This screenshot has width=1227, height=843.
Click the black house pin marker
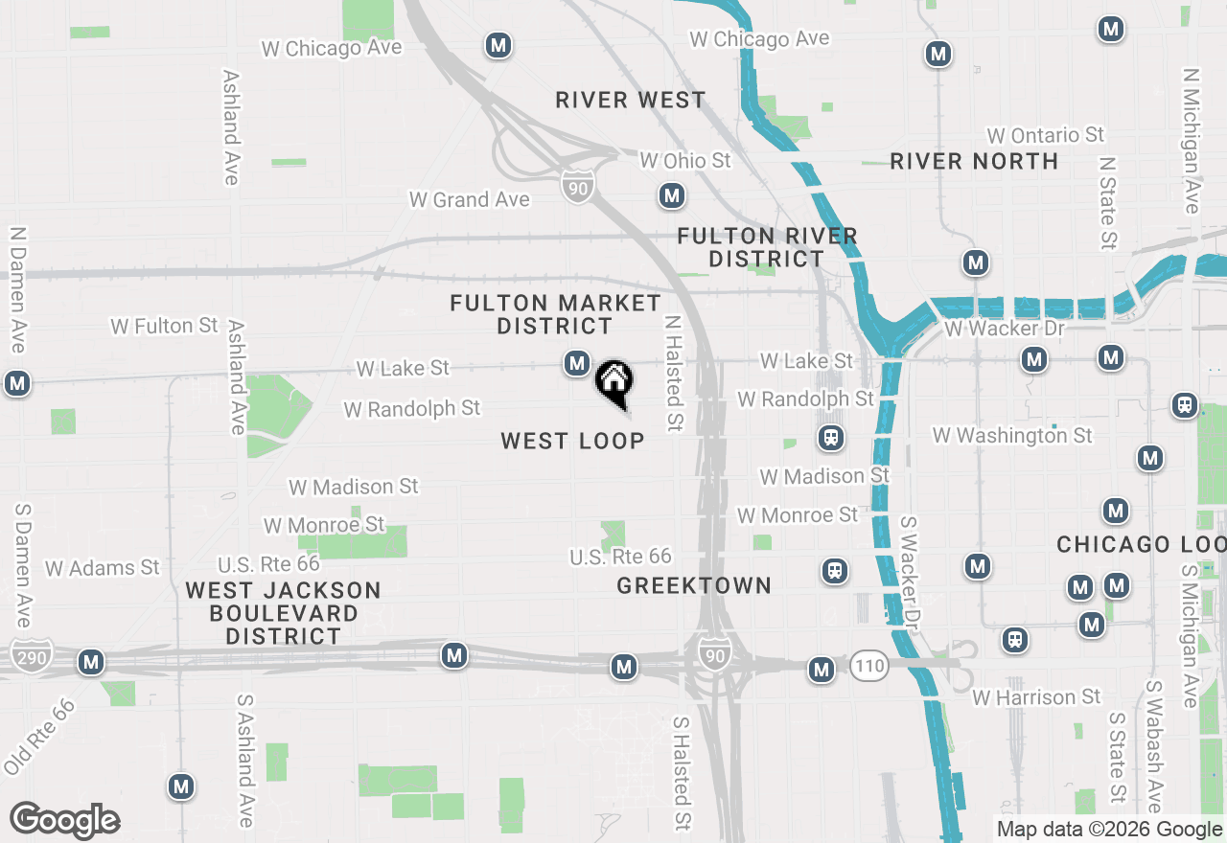[613, 382]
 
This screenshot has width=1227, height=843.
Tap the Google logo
[65, 821]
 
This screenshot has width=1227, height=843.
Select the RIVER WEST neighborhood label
[630, 100]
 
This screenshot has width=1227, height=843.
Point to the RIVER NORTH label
[974, 161]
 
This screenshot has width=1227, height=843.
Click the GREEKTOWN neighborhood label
[694, 585]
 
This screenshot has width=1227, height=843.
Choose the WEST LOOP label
[572, 441]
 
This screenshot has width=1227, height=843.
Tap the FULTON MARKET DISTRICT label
[555, 314]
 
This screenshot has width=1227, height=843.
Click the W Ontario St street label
[1046, 135]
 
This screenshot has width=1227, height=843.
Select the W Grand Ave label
[469, 199]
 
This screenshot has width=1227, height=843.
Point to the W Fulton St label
[164, 326]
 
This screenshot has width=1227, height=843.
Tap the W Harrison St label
[1036, 697]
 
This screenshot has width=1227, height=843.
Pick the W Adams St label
[102, 568]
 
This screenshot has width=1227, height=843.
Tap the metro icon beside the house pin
[576, 363]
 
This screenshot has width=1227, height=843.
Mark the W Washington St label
[1012, 436]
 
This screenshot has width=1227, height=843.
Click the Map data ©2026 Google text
[1109, 830]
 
